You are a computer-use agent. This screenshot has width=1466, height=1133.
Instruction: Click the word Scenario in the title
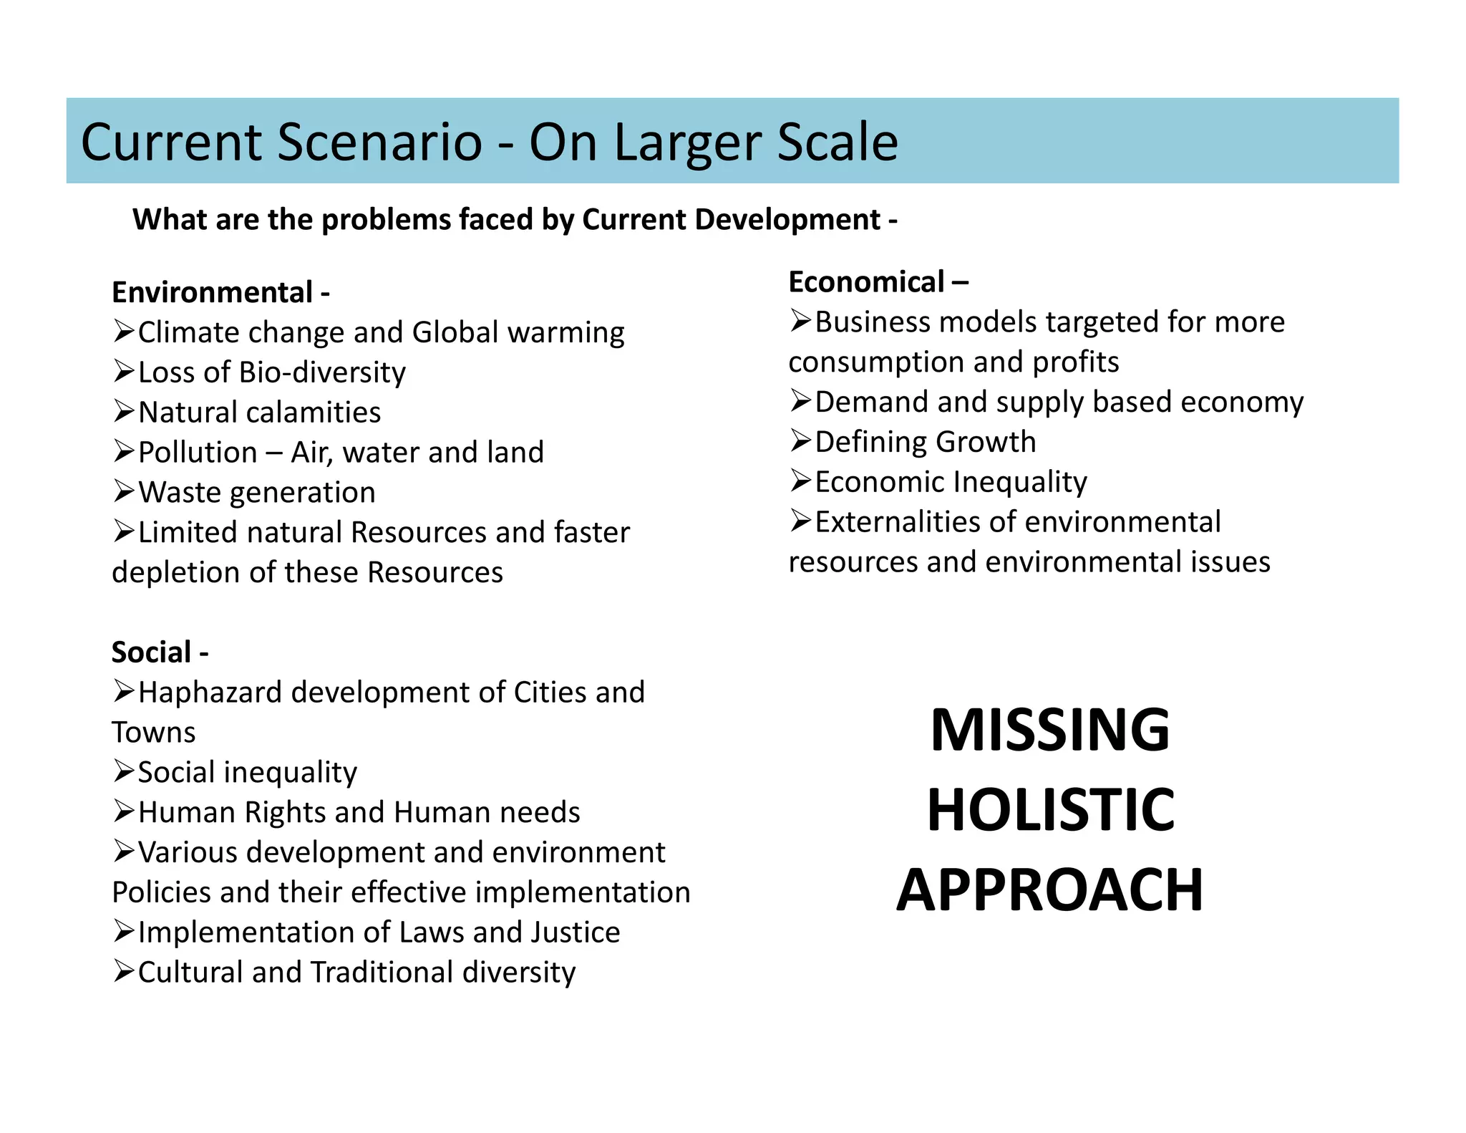(x=379, y=142)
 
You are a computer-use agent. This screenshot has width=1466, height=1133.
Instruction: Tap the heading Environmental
(x=212, y=293)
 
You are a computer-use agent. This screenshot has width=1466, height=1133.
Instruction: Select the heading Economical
(x=866, y=282)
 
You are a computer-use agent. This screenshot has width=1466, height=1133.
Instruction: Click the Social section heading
(x=151, y=652)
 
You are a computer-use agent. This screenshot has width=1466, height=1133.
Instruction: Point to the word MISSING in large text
(x=1049, y=730)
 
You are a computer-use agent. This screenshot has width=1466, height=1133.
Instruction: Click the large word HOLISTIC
(x=1050, y=810)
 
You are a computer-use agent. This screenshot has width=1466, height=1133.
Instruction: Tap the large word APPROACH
(x=1049, y=890)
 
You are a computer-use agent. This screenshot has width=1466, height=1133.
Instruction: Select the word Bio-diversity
(x=322, y=372)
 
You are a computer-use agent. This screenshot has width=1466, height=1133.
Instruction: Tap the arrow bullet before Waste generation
(x=124, y=491)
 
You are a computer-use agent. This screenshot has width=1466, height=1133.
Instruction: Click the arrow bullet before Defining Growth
(x=801, y=440)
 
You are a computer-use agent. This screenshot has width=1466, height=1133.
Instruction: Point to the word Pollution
(x=198, y=453)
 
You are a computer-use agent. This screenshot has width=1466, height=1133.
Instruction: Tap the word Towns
(x=153, y=733)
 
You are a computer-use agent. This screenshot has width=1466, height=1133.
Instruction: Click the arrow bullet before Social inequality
(x=124, y=771)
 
